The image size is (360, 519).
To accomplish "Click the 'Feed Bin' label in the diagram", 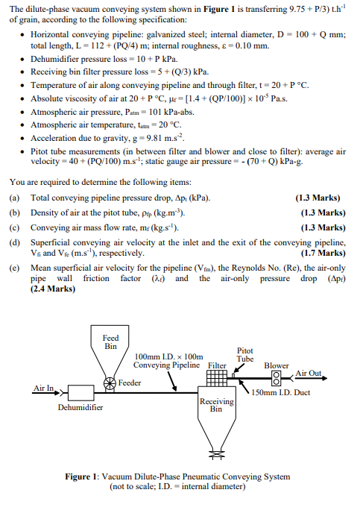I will (110, 342).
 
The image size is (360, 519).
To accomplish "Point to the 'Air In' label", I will (44, 388).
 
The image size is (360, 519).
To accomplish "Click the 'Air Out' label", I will (309, 372).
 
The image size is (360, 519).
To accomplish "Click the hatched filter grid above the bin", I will (216, 379).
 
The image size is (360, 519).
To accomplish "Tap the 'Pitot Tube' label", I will (245, 354).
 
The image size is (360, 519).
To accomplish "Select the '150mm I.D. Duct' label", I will (281, 393).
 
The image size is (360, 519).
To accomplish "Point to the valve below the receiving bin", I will (216, 451).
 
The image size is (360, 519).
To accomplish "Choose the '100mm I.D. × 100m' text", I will (168, 356).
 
